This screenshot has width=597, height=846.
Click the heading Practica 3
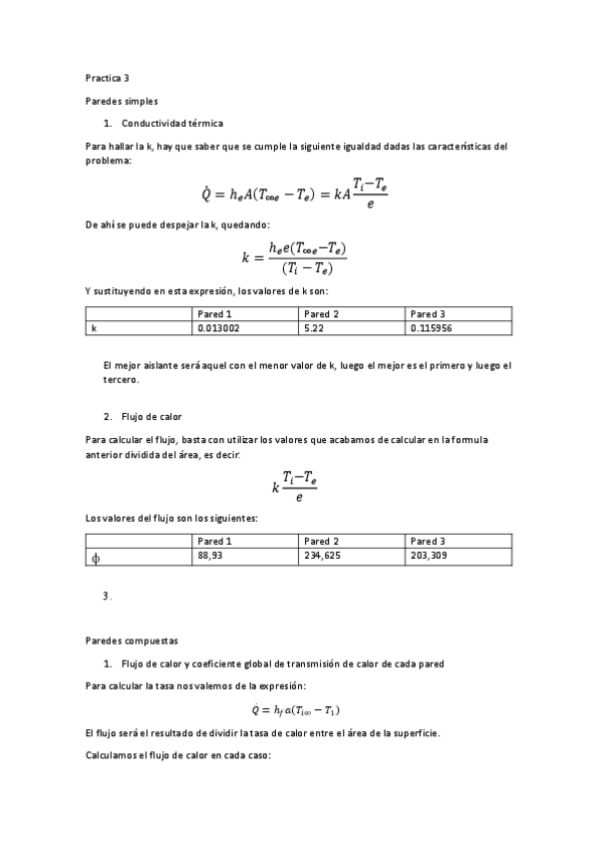[x=108, y=77]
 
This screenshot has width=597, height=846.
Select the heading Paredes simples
[x=122, y=101]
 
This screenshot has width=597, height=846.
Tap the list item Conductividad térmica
[x=171, y=123]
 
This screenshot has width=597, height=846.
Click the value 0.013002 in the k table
[x=218, y=327]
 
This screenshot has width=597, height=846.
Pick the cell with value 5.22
[x=316, y=327]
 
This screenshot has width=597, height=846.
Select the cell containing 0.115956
[x=432, y=327]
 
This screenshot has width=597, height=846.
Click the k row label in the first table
[x=94, y=327]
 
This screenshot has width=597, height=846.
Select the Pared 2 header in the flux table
[x=322, y=541]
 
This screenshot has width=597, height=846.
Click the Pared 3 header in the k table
[x=428, y=313]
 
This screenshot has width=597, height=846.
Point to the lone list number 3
[x=107, y=596]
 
